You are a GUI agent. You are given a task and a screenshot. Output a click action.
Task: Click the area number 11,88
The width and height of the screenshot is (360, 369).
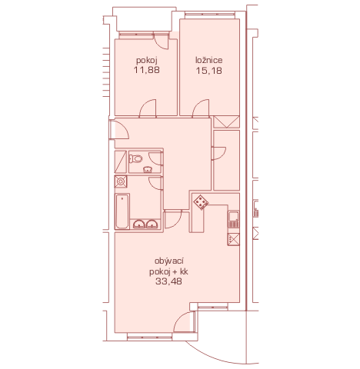pyautogui.click(x=147, y=70)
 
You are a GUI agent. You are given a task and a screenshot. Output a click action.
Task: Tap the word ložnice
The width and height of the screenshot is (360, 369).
pyautogui.click(x=209, y=60)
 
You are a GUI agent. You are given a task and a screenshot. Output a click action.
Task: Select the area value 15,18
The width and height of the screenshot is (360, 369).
pyautogui.click(x=209, y=71)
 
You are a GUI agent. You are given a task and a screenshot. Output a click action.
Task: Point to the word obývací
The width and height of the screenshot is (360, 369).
pyautogui.click(x=169, y=261)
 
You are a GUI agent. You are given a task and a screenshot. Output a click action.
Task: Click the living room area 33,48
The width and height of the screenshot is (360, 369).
pyautogui.click(x=168, y=281)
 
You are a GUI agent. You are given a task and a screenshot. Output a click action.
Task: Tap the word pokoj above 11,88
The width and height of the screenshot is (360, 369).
pyautogui.click(x=147, y=61)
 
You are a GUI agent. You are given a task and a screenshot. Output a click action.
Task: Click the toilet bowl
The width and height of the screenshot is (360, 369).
pyautogui.click(x=135, y=159)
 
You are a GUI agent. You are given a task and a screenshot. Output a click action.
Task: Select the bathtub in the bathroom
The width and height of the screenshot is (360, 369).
pyautogui.click(x=122, y=211)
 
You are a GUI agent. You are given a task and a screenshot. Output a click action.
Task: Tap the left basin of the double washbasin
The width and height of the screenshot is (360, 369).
pyautogui.click(x=139, y=224)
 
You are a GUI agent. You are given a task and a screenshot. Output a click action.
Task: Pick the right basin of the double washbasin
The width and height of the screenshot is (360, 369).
pyautogui.click(x=152, y=224)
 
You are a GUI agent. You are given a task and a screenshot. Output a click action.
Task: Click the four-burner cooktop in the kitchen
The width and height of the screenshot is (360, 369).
pyautogui.click(x=201, y=202)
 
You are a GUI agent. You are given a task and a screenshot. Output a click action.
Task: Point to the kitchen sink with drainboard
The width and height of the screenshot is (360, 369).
pyautogui.click(x=234, y=219)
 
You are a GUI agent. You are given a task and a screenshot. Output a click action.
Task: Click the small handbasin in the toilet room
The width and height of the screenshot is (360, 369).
pyautogui.click(x=147, y=169)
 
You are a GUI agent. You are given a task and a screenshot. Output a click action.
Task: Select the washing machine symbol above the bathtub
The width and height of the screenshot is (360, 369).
pyautogui.click(x=121, y=181)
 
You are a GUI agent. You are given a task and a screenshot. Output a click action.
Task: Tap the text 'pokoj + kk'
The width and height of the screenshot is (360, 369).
pyautogui.click(x=168, y=271)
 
